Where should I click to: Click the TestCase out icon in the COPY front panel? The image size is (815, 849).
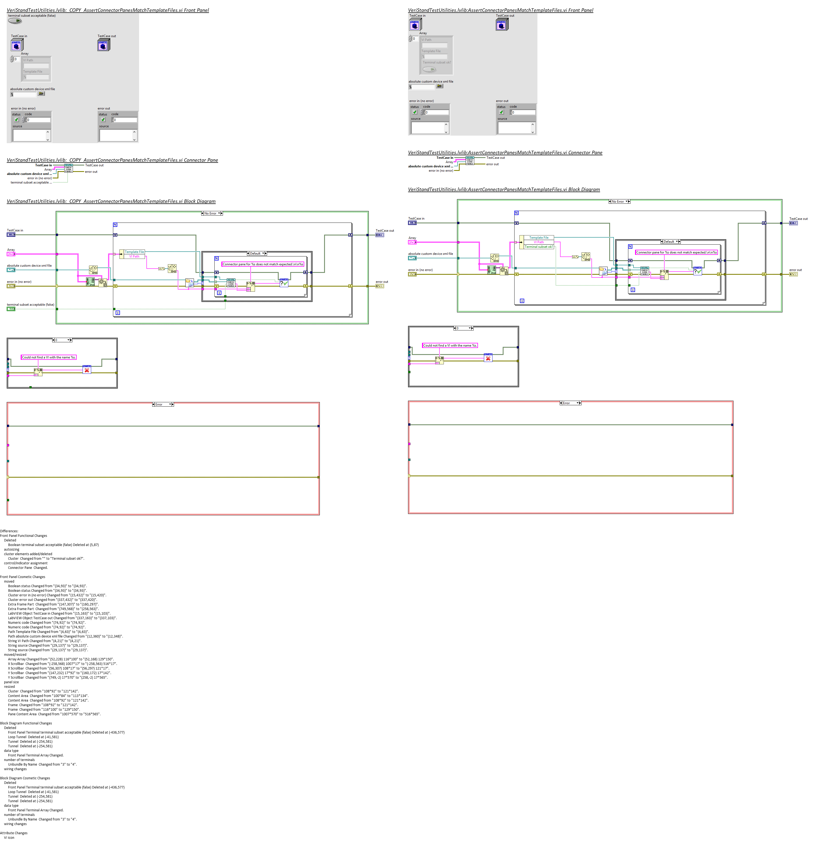pos(104,45)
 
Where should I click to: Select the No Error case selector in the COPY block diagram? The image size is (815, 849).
pos(212,213)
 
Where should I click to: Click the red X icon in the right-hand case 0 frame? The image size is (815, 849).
pos(488,358)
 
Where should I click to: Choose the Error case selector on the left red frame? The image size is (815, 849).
pos(163,404)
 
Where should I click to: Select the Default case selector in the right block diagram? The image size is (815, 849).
pos(670,242)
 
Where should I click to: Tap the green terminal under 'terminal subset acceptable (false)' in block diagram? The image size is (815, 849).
pos(11,309)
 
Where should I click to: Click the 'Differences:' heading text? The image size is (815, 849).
pos(9,531)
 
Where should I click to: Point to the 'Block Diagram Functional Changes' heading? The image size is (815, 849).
pos(26,723)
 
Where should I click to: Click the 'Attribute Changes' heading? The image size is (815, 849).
pos(14,833)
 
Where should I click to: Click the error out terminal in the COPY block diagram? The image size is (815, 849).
pos(379,286)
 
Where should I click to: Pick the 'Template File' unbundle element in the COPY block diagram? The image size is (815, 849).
pos(134,252)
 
